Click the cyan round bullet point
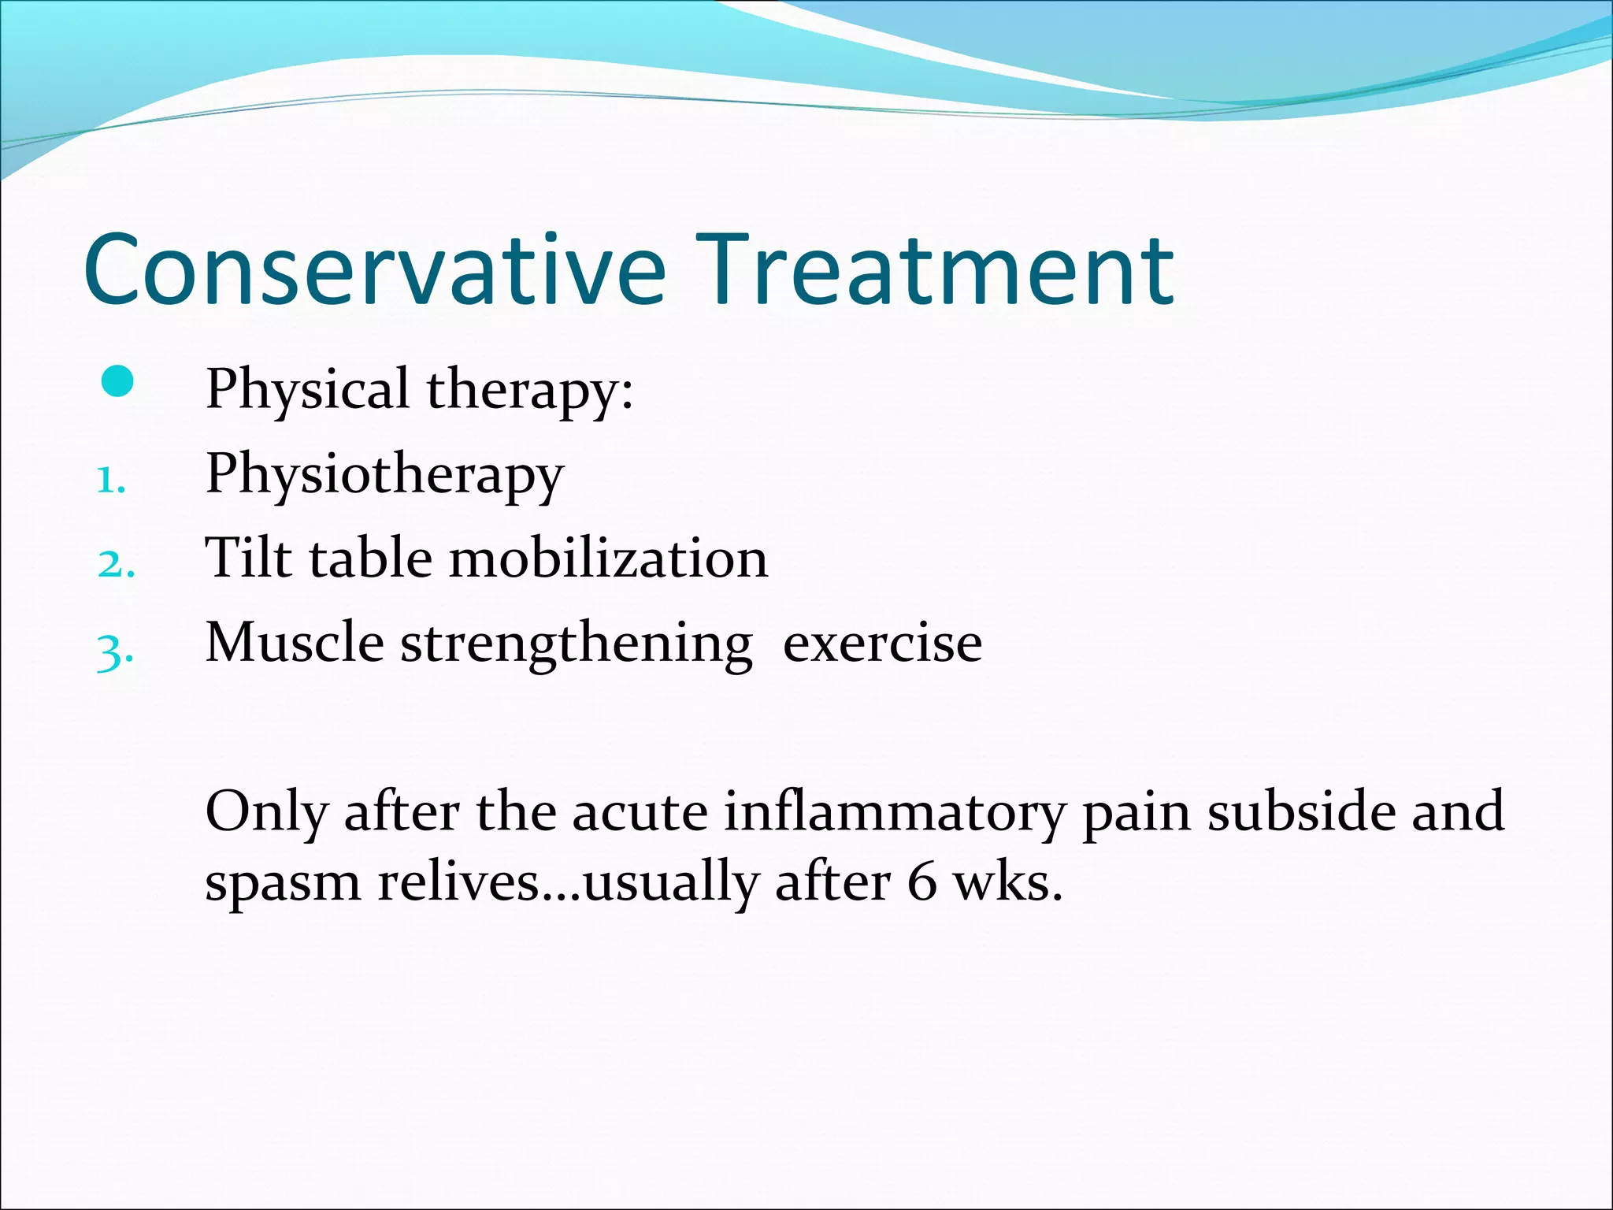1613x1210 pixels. click(x=117, y=383)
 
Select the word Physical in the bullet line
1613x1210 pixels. click(x=307, y=389)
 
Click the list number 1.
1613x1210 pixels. click(x=110, y=481)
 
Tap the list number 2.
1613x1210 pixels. click(x=116, y=565)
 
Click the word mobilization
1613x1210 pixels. click(x=608, y=558)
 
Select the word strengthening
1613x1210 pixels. click(x=577, y=644)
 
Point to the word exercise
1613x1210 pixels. click(x=882, y=644)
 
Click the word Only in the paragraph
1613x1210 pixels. click(x=266, y=812)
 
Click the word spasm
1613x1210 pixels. click(x=282, y=883)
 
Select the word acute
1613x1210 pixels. click(x=640, y=812)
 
